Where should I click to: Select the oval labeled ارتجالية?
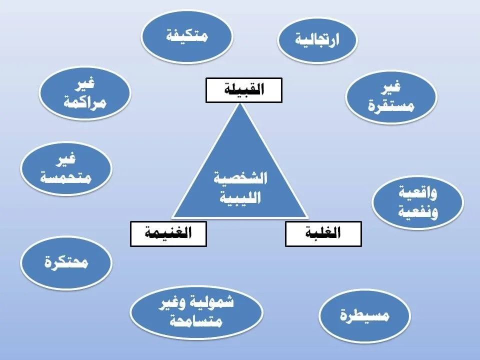click(317, 39)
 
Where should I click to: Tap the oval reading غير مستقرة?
click(391, 96)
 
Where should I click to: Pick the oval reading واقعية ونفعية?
click(417, 201)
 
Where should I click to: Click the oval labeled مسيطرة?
click(364, 315)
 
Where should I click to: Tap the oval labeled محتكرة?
click(66, 263)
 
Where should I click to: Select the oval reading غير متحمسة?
click(66, 168)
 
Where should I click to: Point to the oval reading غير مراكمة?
click(85, 94)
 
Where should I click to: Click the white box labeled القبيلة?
click(244, 90)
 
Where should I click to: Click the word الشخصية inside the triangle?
click(240, 178)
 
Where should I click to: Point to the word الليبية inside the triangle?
click(240, 197)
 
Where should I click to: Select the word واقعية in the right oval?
click(418, 192)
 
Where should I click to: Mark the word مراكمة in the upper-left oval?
click(85, 103)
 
